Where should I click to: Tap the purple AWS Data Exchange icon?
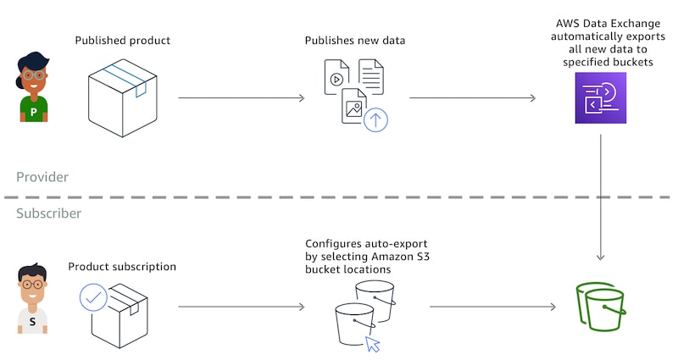[x=600, y=98]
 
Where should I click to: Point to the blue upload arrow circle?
[x=375, y=119]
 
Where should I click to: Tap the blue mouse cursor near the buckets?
[x=372, y=343]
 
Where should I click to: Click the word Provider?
[x=42, y=177]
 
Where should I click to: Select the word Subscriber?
[x=49, y=213]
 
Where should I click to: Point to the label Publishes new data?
[x=354, y=41]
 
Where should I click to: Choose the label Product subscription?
[x=122, y=267]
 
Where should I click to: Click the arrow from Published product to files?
[x=242, y=98]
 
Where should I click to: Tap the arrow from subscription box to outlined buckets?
[x=242, y=307]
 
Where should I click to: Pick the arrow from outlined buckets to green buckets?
[x=483, y=307]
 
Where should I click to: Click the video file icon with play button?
[x=336, y=78]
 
